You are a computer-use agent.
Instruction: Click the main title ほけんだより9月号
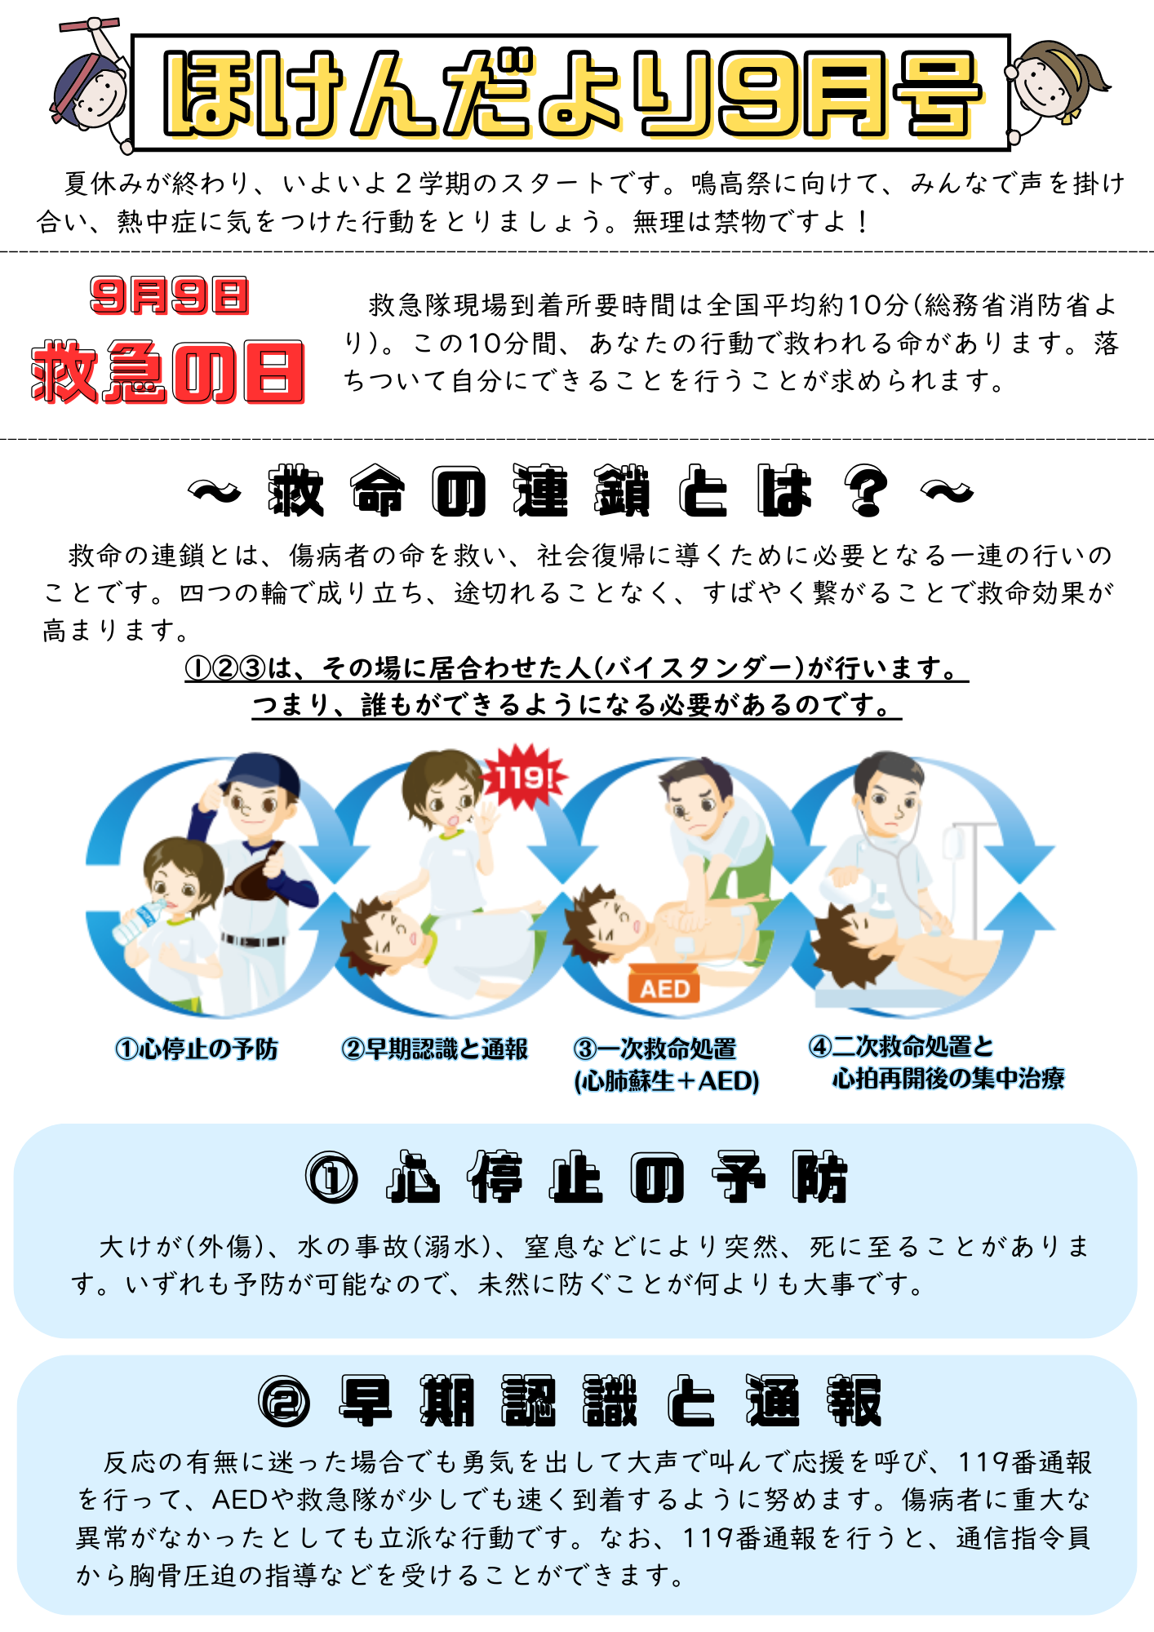click(x=571, y=93)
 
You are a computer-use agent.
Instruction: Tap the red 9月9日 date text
click(x=169, y=295)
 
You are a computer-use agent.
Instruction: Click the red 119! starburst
click(x=523, y=776)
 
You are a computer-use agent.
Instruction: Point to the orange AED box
click(x=664, y=986)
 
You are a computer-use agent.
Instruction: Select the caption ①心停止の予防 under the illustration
click(x=197, y=1049)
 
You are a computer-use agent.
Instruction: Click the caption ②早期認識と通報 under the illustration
click(x=434, y=1049)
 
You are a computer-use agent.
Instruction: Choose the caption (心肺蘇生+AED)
click(x=667, y=1081)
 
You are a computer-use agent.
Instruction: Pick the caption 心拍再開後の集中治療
click(x=948, y=1078)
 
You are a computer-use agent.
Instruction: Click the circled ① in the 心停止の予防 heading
click(x=331, y=1178)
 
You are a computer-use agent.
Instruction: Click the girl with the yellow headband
click(x=1057, y=82)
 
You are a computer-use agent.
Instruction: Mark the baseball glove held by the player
click(x=261, y=877)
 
